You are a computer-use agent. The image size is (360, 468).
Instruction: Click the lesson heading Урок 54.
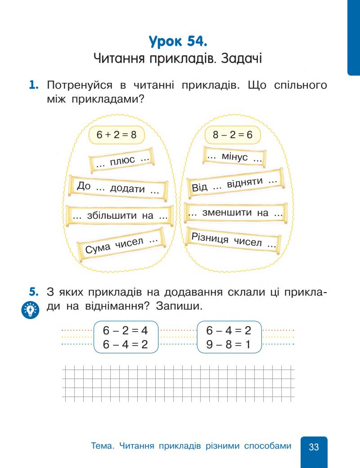click(180, 44)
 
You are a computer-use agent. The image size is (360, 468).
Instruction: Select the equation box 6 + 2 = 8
click(112, 134)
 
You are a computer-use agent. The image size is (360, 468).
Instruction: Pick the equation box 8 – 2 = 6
click(232, 134)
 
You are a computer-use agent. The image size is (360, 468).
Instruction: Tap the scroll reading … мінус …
click(234, 157)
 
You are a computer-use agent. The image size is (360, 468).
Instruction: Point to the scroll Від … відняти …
click(234, 185)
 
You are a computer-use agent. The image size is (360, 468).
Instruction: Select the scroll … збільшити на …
click(120, 216)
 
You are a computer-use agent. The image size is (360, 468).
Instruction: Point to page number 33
click(314, 447)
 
